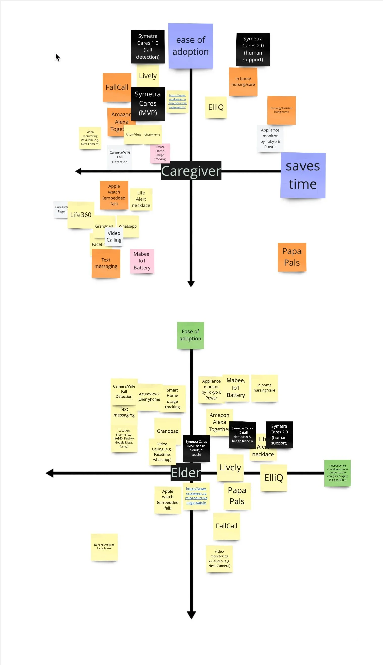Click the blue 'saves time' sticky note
pos(303,175)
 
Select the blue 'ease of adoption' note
pos(190,46)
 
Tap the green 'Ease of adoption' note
pos(190,335)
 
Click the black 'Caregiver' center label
pos(191,171)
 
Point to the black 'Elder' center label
pos(185,473)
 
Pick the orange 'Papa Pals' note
pos(292,257)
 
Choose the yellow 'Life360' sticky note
pos(80,215)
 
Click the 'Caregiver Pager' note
pos(61,210)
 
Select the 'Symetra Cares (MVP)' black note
pos(148,103)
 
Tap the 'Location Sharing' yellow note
pos(124,439)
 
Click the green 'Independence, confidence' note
pos(337,473)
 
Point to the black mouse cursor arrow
pos(57,57)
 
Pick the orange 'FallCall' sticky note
pos(117,87)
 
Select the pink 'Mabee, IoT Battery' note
pos(142,261)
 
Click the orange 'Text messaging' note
pos(106,263)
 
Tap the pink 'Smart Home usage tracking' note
pos(160,153)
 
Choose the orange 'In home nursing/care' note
pos(243,82)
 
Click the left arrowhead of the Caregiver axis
pos(78,171)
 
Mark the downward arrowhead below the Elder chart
pos(191,615)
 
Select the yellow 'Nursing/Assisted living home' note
pos(104,547)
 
